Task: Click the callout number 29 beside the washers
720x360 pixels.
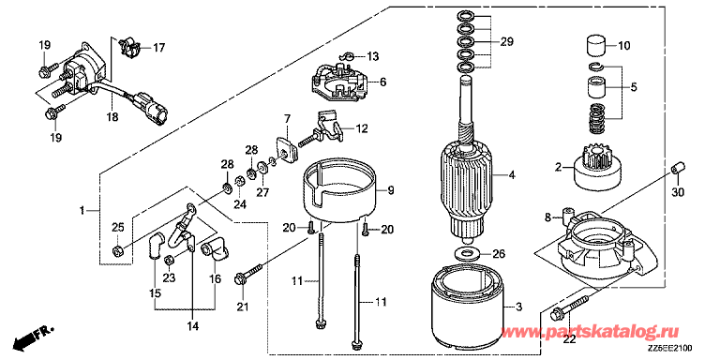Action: pos(506,42)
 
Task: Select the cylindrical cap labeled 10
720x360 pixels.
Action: pos(594,45)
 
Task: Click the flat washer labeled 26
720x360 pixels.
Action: pos(465,252)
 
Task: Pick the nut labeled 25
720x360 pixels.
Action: pos(117,250)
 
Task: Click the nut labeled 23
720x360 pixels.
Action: pos(169,260)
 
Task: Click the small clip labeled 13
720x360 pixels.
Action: pos(348,56)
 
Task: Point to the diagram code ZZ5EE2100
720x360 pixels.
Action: pos(670,349)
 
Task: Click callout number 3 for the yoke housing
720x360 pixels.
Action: pos(518,307)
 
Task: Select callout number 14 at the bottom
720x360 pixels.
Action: pos(192,326)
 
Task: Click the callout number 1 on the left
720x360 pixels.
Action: pos(82,211)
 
